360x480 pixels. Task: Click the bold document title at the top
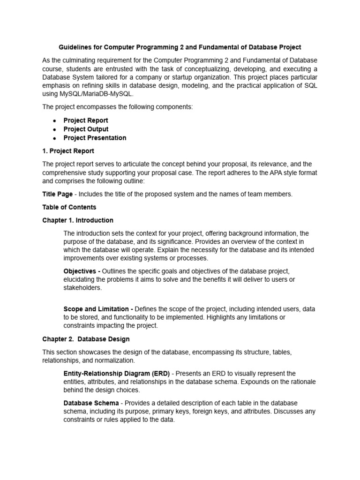[x=180, y=47]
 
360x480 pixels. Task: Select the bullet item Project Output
[x=86, y=129]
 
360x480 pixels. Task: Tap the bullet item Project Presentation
[x=95, y=138]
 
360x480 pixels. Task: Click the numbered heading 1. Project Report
[x=68, y=151]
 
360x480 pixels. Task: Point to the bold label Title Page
[x=57, y=194]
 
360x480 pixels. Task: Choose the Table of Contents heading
[x=69, y=207]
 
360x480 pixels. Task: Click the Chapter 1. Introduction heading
[x=78, y=220]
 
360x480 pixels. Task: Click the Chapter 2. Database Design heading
[x=86, y=339]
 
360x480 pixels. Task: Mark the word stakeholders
[x=82, y=288]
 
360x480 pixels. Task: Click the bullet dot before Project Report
[x=55, y=120]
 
